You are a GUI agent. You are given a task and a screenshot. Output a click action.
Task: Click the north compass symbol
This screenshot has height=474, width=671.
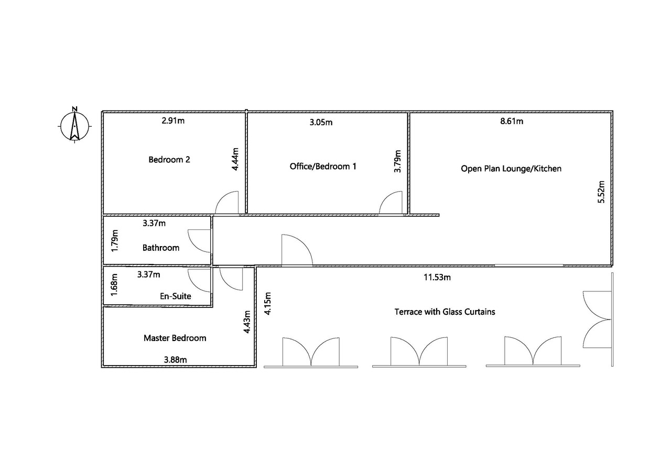tap(74, 125)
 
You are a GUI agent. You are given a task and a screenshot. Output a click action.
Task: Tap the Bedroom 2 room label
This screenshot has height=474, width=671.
tap(169, 160)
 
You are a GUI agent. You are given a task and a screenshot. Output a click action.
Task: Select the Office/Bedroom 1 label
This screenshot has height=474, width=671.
tap(323, 167)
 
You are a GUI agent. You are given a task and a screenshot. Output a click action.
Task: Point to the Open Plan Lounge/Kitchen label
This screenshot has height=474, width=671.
tap(511, 169)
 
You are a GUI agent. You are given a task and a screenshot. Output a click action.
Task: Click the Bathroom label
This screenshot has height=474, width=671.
tap(161, 248)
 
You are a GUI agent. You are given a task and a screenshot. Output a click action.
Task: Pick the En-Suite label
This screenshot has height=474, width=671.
tap(176, 296)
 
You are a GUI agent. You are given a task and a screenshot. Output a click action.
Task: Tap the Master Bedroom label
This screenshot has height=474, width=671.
tap(175, 338)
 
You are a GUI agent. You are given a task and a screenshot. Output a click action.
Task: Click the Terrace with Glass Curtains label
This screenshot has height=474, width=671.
tap(445, 312)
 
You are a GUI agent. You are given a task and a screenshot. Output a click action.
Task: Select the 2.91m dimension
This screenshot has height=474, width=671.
tap(173, 120)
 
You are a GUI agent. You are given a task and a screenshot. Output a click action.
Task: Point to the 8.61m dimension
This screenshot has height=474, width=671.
tap(512, 121)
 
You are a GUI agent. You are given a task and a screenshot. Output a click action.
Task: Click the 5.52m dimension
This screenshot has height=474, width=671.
tap(601, 192)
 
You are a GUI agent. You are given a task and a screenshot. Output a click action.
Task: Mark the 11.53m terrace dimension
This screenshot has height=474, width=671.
tap(437, 278)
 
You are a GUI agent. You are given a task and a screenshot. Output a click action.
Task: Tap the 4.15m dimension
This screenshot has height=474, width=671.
tap(267, 303)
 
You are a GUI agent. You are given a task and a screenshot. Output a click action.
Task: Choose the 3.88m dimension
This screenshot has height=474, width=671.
tap(175, 360)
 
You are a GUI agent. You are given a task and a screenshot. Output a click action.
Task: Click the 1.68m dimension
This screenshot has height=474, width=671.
tap(114, 284)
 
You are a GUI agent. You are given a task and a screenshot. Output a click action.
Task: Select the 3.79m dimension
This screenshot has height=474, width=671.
tap(397, 161)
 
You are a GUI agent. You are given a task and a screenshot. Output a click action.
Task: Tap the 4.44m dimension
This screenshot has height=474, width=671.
tap(235, 159)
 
